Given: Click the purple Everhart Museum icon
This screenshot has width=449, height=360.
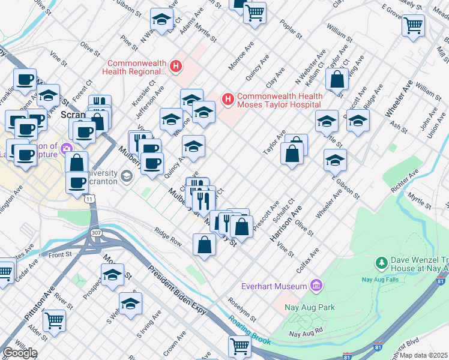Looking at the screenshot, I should click(x=316, y=285).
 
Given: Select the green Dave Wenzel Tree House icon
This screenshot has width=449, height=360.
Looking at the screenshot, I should click(x=381, y=263).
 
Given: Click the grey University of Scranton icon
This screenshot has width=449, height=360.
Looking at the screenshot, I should click(x=126, y=176).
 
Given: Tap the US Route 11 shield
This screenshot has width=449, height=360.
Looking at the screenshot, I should click(x=89, y=198).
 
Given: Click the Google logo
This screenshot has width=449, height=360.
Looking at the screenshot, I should click(x=19, y=353).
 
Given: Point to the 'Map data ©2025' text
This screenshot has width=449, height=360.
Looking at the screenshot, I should click(x=423, y=355).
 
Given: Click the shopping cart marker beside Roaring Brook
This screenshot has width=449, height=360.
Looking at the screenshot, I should click(x=239, y=346).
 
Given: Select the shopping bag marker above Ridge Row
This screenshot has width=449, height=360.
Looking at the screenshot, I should click(x=204, y=244).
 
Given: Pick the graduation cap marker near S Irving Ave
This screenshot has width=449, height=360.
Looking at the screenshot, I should click(x=130, y=304).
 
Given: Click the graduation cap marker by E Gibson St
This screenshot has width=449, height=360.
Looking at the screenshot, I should click(x=335, y=160).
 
